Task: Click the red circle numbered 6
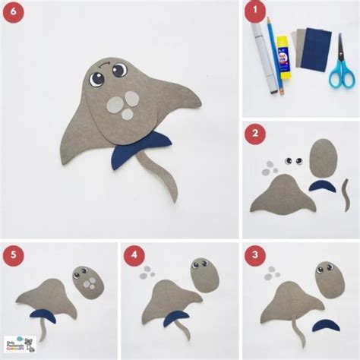pos(12,12)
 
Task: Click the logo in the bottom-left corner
pos(20,346)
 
